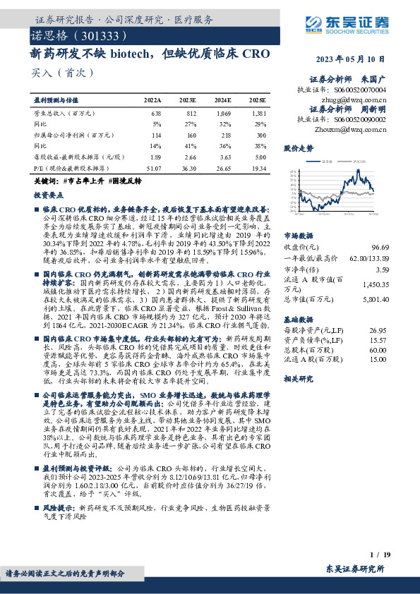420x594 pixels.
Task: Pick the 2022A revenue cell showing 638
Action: (157, 113)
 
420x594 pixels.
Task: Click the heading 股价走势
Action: (298, 149)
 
